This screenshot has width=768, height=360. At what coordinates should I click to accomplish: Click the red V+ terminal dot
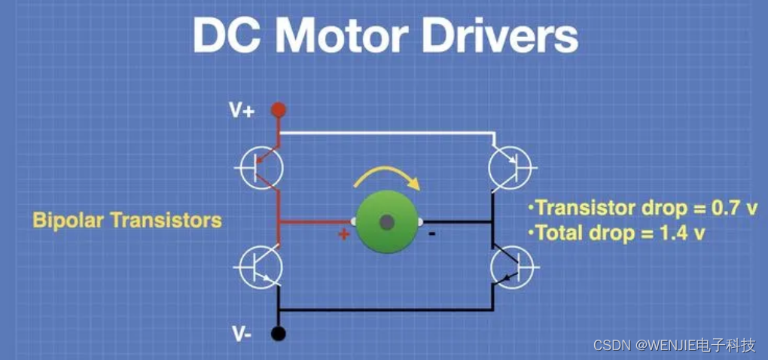click(279, 111)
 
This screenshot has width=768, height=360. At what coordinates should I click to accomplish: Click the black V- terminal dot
click(279, 332)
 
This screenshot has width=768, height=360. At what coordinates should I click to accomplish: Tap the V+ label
click(242, 111)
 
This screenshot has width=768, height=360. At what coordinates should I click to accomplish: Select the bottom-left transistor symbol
click(261, 267)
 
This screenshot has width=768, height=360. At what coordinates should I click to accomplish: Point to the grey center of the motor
click(386, 221)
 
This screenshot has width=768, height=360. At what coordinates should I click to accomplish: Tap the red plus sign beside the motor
click(344, 235)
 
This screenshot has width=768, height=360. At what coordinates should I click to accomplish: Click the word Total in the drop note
click(558, 233)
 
